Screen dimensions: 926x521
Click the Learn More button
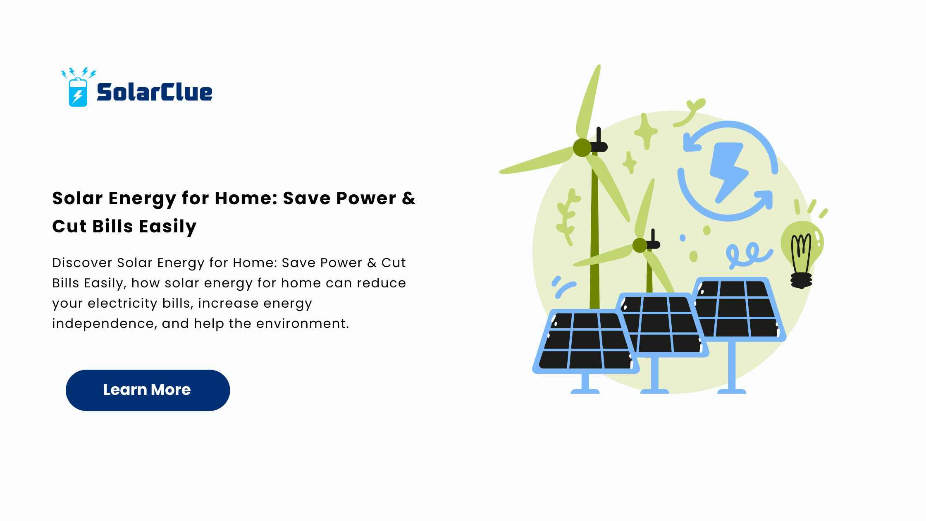(x=148, y=390)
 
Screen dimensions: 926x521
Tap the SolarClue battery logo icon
(x=78, y=87)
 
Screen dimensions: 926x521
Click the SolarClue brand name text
(x=154, y=92)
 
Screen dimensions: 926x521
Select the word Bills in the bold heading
(x=112, y=227)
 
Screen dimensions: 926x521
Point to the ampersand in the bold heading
(x=408, y=198)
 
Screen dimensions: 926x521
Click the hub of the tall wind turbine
(x=582, y=148)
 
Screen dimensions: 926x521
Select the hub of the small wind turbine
(x=640, y=245)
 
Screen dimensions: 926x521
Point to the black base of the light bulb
(x=801, y=280)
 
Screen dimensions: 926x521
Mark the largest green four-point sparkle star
(x=645, y=131)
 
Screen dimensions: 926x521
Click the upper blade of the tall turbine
(x=588, y=101)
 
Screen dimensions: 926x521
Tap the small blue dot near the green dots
(x=683, y=238)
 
